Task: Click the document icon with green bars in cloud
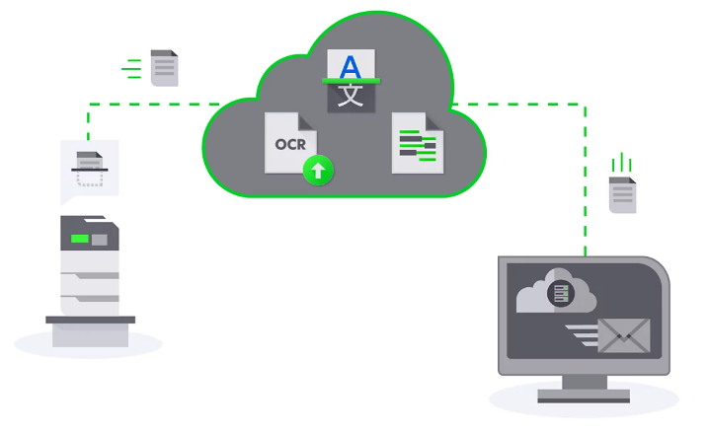click(x=415, y=144)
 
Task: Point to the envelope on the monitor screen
click(x=623, y=335)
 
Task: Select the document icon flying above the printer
click(x=164, y=68)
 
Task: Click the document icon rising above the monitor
click(x=622, y=195)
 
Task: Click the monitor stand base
click(x=584, y=397)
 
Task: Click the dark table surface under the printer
click(x=90, y=320)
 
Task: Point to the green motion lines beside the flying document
click(x=131, y=68)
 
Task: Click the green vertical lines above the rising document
click(x=621, y=161)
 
